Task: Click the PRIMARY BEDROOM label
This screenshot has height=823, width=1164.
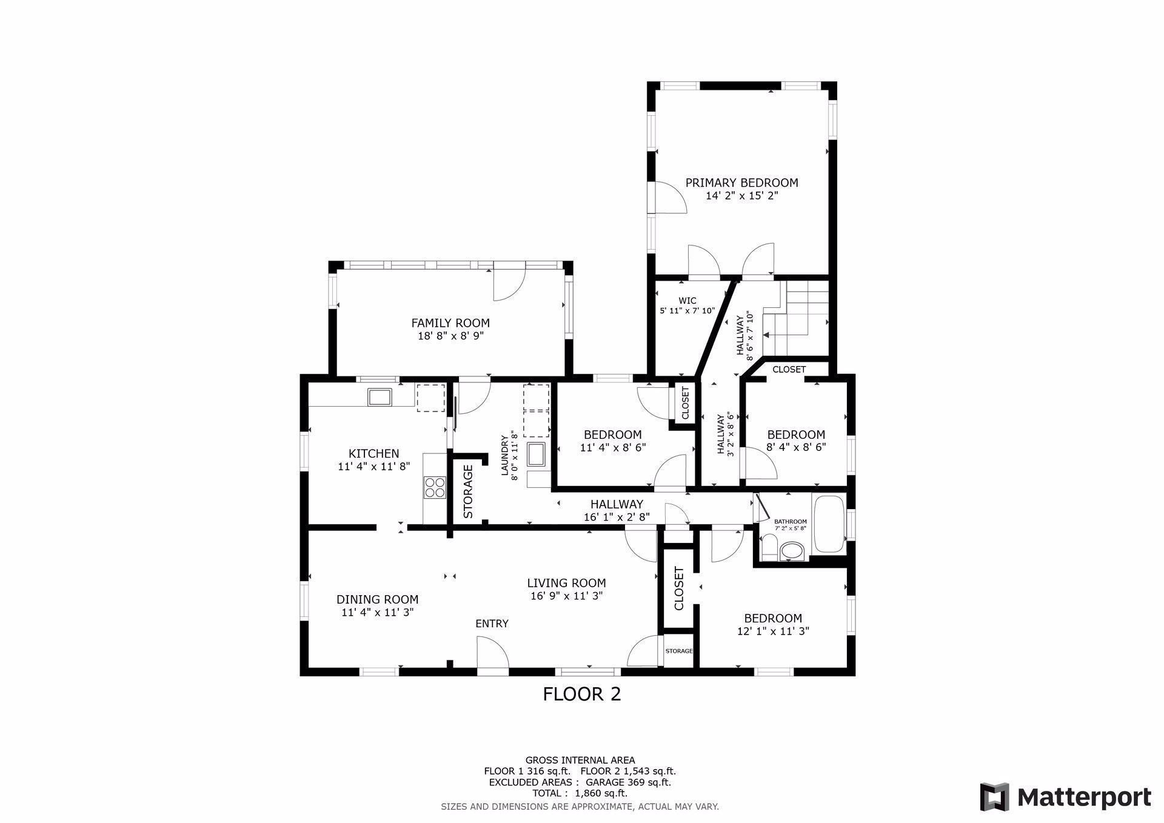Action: tap(741, 182)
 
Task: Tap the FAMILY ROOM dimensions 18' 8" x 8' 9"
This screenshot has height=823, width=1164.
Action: tap(450, 336)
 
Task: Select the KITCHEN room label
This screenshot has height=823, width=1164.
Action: tap(374, 453)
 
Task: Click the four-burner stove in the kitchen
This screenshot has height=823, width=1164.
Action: tap(435, 487)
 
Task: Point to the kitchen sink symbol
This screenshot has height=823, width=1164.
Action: tap(380, 397)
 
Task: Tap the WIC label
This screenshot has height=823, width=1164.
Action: tap(687, 301)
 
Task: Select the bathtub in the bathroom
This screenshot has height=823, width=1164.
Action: tap(829, 524)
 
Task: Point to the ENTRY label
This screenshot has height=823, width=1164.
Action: tap(492, 624)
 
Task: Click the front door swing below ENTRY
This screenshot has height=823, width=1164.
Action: tap(492, 655)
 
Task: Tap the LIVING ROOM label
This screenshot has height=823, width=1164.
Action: tap(566, 583)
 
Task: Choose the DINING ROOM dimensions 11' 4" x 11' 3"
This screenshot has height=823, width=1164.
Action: tap(378, 612)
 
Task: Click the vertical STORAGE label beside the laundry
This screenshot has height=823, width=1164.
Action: tap(468, 491)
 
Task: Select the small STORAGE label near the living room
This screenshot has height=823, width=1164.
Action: tap(679, 651)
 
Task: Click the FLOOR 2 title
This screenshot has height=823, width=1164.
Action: tap(582, 694)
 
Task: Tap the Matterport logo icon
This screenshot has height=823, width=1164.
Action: tap(995, 797)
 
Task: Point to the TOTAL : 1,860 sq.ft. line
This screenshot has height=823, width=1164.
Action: tap(580, 793)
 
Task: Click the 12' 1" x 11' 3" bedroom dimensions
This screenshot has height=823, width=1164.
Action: tap(773, 631)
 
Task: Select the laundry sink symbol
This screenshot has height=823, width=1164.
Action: tap(537, 455)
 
